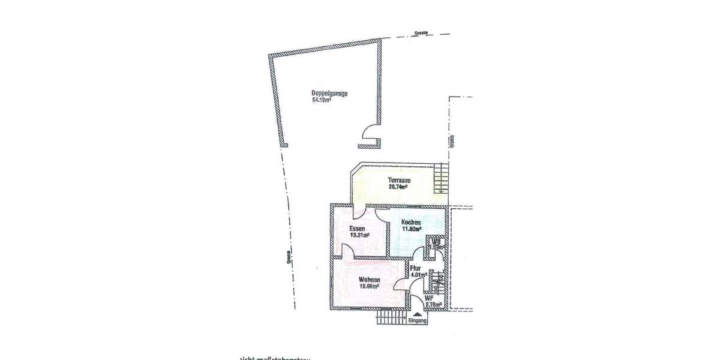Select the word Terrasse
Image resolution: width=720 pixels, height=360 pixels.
point(399,180)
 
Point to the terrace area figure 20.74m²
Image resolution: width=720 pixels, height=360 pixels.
point(398,187)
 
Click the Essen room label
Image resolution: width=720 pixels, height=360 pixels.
point(358,228)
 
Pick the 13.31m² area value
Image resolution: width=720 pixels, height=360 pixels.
point(359,235)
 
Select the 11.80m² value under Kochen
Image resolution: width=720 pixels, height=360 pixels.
point(411,229)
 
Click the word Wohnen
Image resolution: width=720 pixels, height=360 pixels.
point(370,279)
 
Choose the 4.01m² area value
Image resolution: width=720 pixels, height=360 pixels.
point(418,275)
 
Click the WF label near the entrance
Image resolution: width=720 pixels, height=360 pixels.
point(429,298)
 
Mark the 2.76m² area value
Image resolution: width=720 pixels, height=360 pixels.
point(433,305)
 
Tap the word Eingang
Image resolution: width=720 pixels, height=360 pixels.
point(417,322)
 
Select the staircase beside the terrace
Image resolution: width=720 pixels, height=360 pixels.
point(441,179)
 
